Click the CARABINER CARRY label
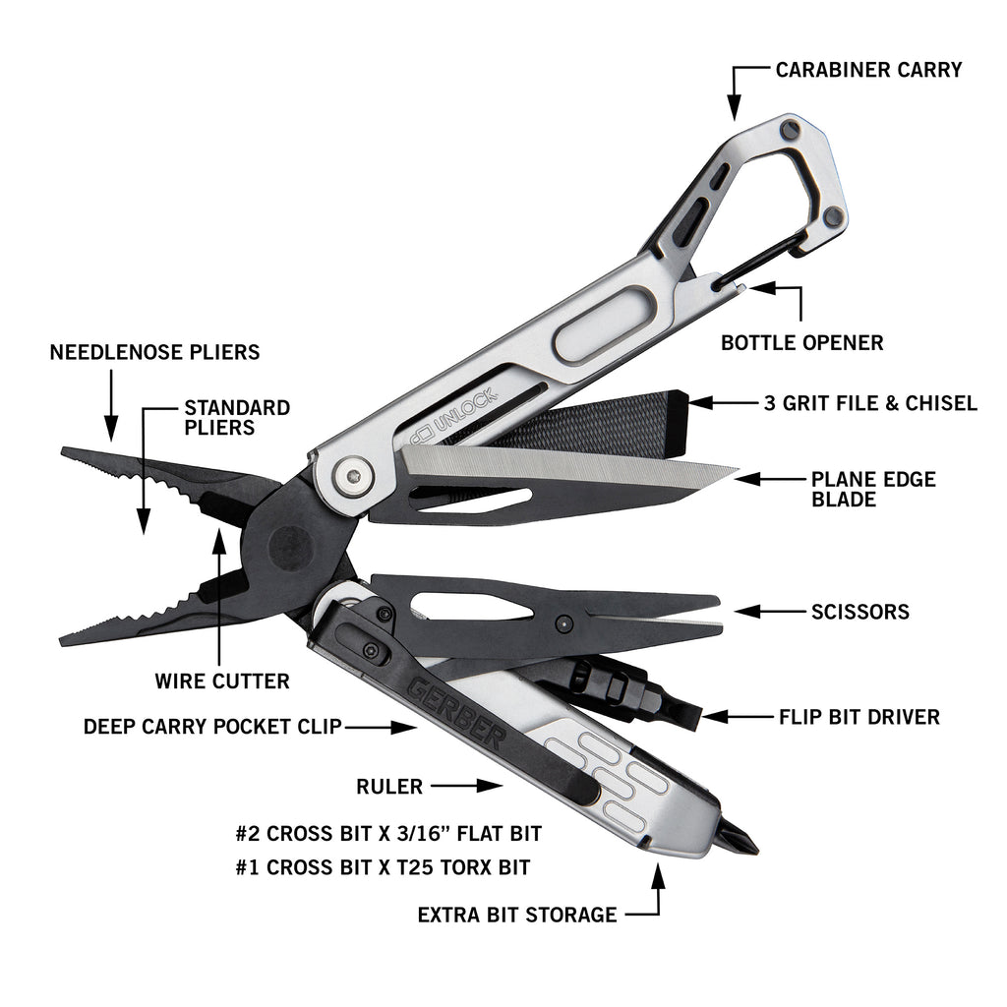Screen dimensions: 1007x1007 [868, 70]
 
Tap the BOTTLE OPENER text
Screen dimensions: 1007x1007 [802, 342]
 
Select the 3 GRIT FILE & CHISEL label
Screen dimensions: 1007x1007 [870, 402]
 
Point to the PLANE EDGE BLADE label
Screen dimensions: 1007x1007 [873, 489]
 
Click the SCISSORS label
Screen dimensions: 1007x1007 [859, 612]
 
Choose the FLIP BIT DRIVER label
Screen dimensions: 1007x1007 [859, 717]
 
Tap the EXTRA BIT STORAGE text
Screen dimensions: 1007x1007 [517, 915]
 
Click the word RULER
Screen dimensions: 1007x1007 [389, 786]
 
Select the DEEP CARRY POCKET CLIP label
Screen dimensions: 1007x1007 [212, 727]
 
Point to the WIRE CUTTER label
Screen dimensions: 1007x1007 [222, 681]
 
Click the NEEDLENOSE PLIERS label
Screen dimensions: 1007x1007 [154, 352]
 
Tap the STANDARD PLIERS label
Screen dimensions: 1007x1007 [237, 417]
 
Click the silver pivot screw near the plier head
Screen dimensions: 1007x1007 [353, 476]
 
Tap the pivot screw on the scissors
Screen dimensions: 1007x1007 [563, 622]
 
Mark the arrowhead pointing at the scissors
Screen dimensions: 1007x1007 [747, 612]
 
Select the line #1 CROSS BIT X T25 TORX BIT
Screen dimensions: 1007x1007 [383, 867]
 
